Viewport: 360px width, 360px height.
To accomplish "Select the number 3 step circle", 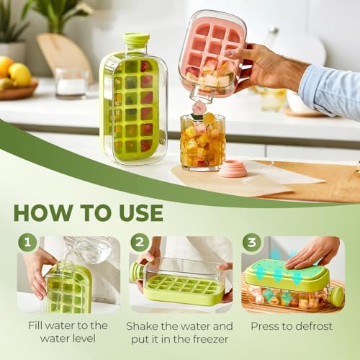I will pyautogui.click(x=251, y=243).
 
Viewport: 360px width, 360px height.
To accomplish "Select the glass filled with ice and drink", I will pyautogui.click(x=202, y=142).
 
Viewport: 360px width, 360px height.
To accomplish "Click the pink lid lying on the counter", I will pyautogui.click(x=233, y=168).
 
